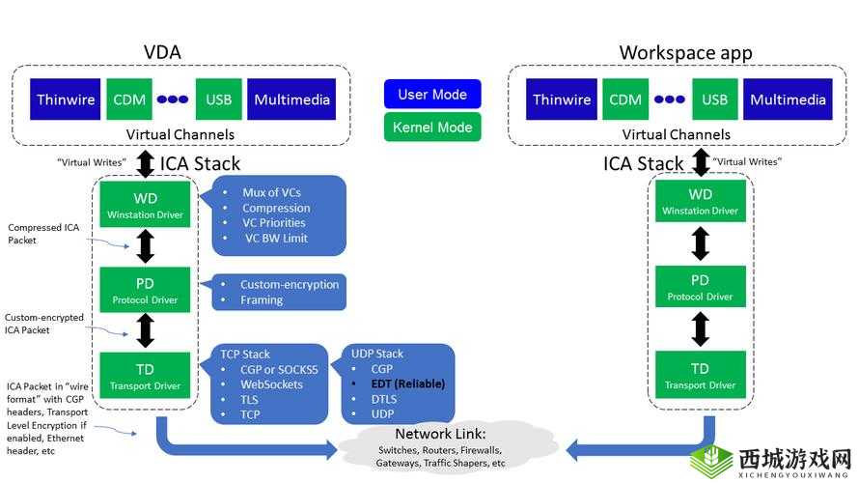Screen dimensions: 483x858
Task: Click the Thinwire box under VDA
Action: pyautogui.click(x=66, y=99)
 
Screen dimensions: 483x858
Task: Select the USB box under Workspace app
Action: pyautogui.click(x=715, y=99)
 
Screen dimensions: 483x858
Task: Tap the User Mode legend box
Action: pyautogui.click(x=432, y=95)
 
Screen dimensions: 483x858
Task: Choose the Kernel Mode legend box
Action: pyautogui.click(x=432, y=128)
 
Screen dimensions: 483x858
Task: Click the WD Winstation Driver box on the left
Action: pyautogui.click(x=145, y=203)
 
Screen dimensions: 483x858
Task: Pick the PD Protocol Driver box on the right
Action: pyautogui.click(x=701, y=287)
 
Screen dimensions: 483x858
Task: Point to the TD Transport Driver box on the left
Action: pyautogui.click(x=145, y=376)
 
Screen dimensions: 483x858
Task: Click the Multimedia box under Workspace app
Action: pyautogui.click(x=789, y=99)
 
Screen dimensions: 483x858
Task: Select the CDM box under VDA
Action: pyautogui.click(x=128, y=99)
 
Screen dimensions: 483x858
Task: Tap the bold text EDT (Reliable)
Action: pyautogui.click(x=408, y=384)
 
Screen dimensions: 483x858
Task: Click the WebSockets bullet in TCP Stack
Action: pyautogui.click(x=271, y=384)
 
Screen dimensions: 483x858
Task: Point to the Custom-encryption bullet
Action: pyautogui.click(x=290, y=285)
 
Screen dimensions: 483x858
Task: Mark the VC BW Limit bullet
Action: pyautogui.click(x=277, y=238)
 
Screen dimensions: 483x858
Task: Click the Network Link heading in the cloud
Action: pyautogui.click(x=440, y=434)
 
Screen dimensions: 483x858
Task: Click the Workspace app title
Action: pyautogui.click(x=685, y=52)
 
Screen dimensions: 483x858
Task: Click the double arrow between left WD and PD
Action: pyautogui.click(x=146, y=245)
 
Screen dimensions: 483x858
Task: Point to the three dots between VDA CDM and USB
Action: pyautogui.click(x=173, y=99)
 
